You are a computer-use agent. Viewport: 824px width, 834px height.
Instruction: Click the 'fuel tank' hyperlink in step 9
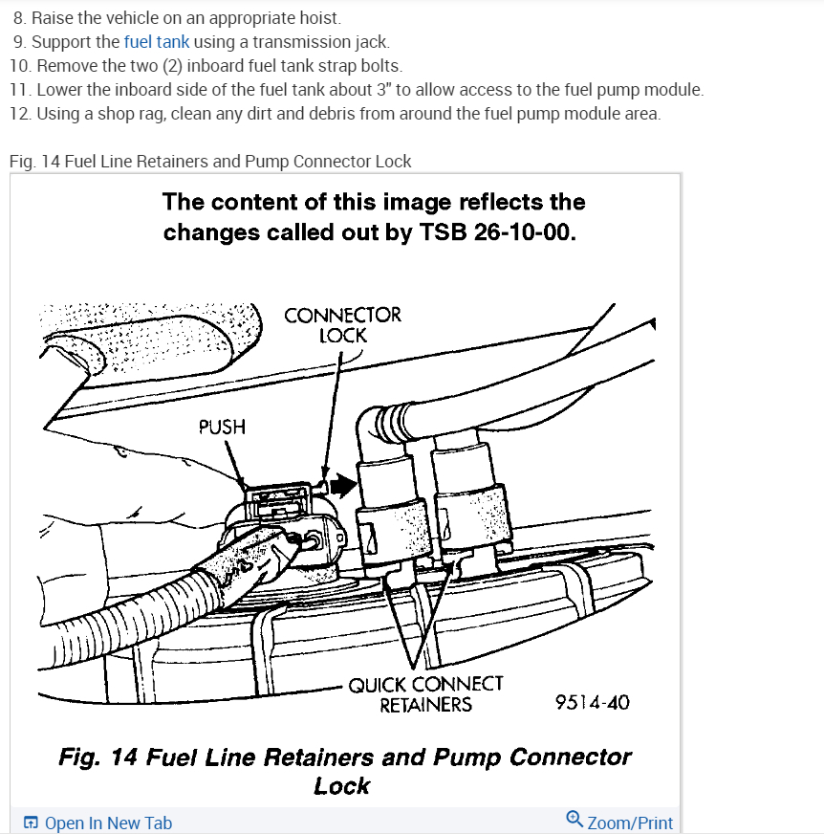click(x=157, y=42)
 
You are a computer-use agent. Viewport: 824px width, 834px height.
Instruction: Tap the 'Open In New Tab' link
click(x=108, y=823)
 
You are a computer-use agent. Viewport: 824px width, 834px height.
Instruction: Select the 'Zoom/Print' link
click(x=630, y=823)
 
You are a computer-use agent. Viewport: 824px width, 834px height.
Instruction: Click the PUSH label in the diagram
click(x=222, y=427)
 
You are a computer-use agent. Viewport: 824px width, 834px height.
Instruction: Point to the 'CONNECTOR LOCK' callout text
click(x=343, y=325)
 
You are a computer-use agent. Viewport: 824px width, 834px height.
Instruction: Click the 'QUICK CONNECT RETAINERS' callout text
click(x=425, y=694)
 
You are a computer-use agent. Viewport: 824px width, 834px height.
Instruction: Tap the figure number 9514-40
click(x=593, y=703)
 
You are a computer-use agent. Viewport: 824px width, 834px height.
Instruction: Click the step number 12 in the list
click(x=20, y=114)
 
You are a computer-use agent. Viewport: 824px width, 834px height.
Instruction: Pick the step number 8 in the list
click(x=19, y=18)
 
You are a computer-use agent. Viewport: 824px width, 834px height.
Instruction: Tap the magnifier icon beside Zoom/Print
click(x=574, y=820)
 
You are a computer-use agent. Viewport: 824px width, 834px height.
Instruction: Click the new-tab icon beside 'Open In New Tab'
click(x=32, y=823)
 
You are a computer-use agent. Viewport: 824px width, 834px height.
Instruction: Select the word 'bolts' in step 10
click(x=379, y=66)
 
